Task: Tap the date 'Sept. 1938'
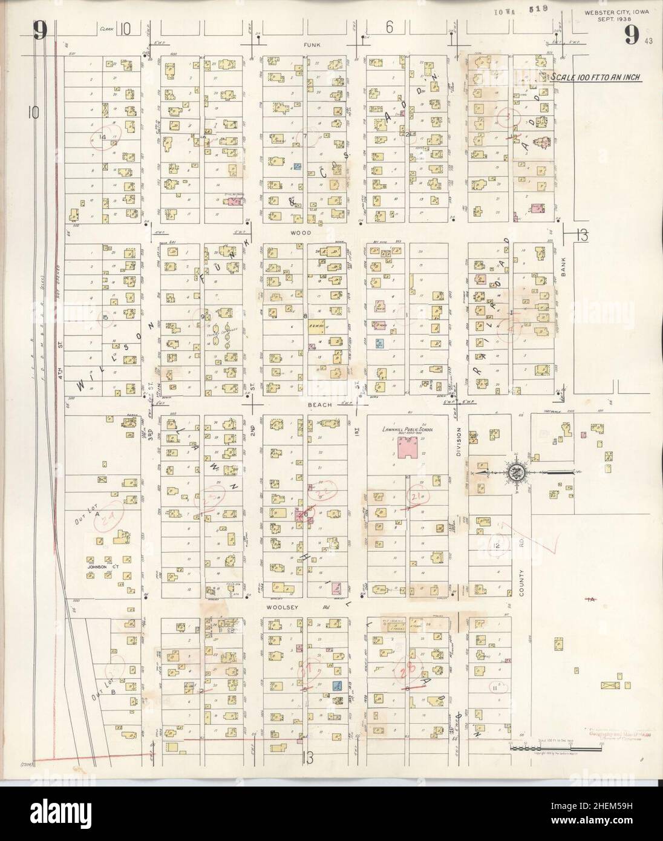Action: click(x=609, y=19)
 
